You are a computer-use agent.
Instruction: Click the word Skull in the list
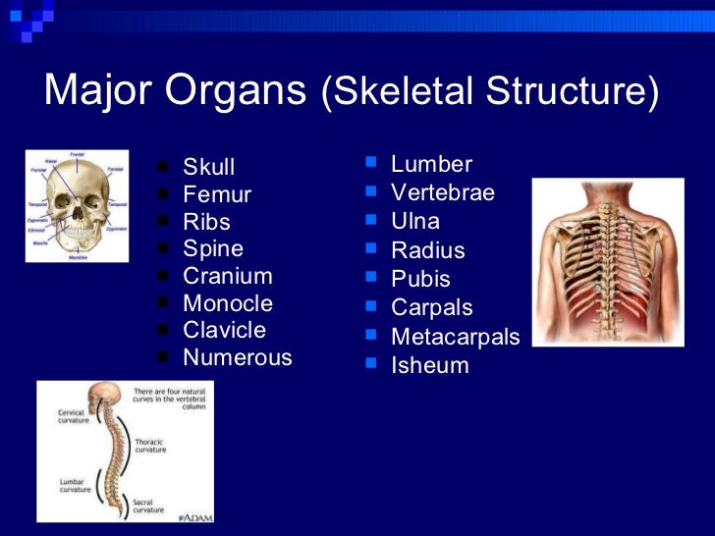point(208,167)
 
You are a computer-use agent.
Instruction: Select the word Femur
point(216,194)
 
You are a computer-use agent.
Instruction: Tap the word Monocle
point(227,303)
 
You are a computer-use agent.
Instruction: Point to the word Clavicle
point(224,330)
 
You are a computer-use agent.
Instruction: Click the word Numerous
point(237,357)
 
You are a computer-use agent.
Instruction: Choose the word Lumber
point(431,164)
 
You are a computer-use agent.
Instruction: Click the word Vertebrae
point(442,192)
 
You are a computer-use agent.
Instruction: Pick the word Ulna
point(414,221)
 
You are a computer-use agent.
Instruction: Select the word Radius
point(427,250)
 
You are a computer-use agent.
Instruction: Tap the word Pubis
point(420,279)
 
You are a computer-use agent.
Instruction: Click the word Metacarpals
point(455,337)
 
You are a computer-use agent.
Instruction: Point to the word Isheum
point(429,366)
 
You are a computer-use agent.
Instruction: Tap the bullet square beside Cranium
point(163,276)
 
